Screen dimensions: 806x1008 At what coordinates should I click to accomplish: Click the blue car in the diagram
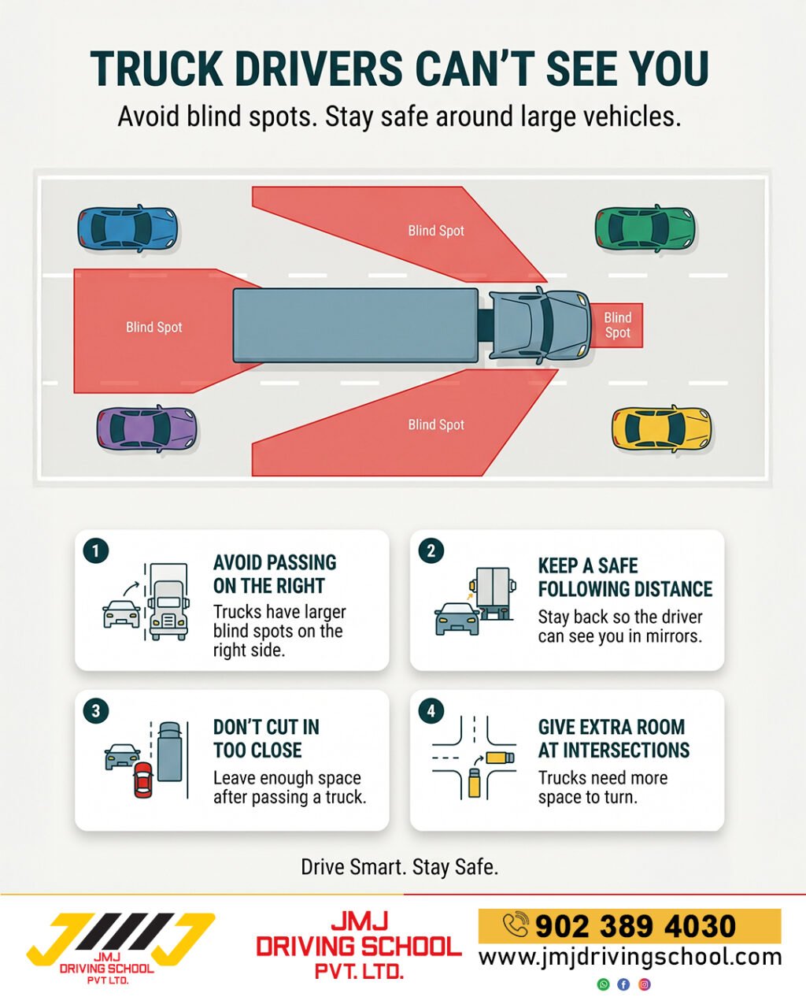(128, 228)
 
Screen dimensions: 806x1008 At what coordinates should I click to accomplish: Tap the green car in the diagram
(645, 228)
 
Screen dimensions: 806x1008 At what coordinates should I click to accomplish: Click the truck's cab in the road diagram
(539, 325)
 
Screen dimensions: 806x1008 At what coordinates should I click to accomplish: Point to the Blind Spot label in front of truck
(617, 325)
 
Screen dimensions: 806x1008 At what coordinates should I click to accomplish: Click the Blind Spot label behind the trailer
(153, 327)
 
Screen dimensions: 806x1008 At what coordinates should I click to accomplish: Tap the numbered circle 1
(96, 550)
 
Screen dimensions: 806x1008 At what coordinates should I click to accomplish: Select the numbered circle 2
(431, 550)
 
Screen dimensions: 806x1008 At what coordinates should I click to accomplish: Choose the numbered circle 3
(96, 711)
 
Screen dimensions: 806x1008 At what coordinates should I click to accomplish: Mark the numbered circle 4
(431, 711)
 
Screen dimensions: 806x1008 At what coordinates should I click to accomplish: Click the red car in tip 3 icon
(142, 780)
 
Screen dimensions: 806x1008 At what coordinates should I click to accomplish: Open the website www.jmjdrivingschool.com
(630, 957)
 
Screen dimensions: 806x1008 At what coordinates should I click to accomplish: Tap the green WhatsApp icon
(603, 984)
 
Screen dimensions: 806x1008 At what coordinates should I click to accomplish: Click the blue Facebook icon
(623, 984)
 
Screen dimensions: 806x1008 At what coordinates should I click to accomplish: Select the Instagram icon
(644, 984)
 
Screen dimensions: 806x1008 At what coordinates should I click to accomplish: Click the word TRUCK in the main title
(157, 69)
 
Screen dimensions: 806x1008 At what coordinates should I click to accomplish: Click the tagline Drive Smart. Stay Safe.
(400, 867)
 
